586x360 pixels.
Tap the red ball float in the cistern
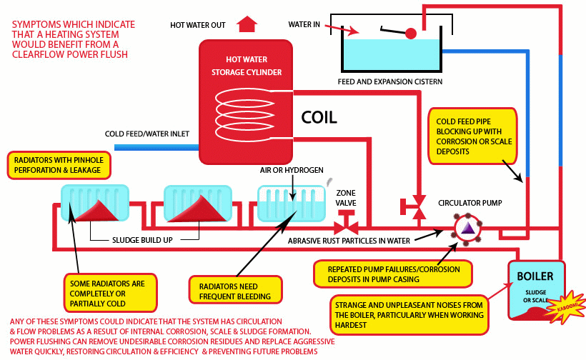411,33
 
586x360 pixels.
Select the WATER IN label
304,24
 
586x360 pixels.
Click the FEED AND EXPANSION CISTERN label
389,81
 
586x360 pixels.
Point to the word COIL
319,116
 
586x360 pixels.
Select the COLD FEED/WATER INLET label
146,134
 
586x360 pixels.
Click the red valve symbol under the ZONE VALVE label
348,222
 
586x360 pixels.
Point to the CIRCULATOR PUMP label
470,203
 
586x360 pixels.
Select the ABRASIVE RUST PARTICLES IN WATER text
349,241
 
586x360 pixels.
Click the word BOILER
536,276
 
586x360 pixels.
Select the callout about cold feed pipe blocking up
471,136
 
